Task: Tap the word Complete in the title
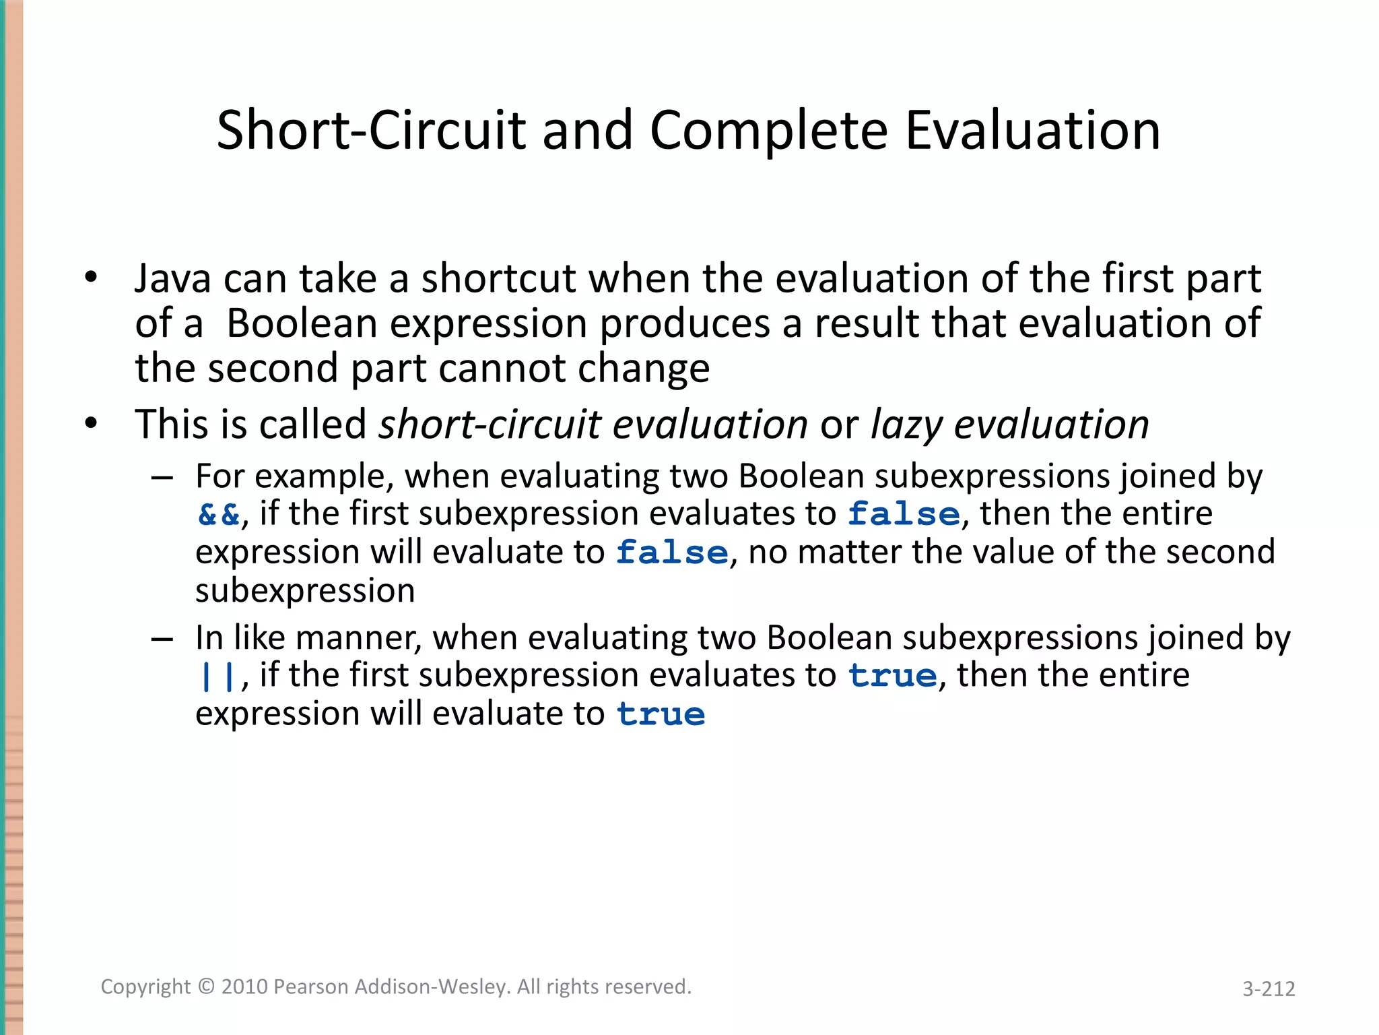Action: [768, 130]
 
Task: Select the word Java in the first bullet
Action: [172, 278]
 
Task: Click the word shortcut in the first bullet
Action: [498, 278]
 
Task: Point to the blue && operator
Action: [219, 515]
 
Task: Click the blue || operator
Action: [217, 677]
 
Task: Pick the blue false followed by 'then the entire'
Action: [904, 515]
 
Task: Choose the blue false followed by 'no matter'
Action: [672, 553]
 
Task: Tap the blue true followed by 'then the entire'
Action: [892, 676]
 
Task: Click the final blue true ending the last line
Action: [661, 715]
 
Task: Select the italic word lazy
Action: [906, 425]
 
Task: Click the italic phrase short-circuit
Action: [490, 425]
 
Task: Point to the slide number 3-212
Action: [1269, 989]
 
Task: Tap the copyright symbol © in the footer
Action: [207, 986]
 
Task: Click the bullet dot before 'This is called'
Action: [92, 424]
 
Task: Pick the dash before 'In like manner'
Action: [162, 638]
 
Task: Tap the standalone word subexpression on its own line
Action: [305, 591]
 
